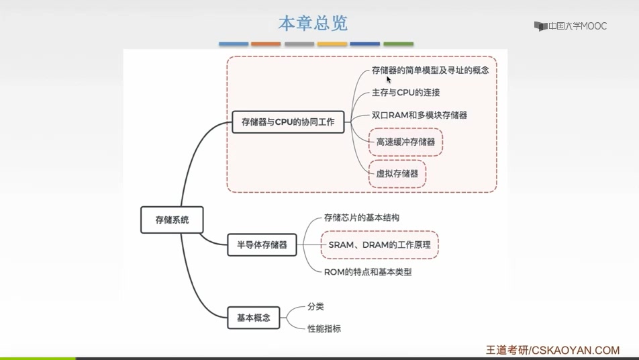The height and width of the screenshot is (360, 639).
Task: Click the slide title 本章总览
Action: click(x=313, y=24)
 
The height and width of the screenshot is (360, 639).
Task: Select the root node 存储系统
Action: click(x=172, y=220)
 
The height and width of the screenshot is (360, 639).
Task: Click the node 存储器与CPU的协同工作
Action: click(x=288, y=122)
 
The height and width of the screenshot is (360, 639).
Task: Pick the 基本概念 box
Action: click(x=254, y=318)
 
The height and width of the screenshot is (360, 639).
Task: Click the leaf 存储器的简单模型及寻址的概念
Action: click(x=430, y=70)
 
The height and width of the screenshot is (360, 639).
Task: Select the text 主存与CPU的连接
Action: click(x=405, y=93)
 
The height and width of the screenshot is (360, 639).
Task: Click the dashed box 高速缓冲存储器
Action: click(x=405, y=142)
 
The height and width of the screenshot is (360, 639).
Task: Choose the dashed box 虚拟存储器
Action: click(x=397, y=173)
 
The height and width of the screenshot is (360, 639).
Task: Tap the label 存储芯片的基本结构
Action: click(x=361, y=218)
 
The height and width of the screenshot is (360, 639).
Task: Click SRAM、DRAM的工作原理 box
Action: click(x=379, y=245)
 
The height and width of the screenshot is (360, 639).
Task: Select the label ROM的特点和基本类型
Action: click(x=367, y=272)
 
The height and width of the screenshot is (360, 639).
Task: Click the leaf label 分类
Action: click(x=315, y=306)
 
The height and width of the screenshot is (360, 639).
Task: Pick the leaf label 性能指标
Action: click(x=324, y=329)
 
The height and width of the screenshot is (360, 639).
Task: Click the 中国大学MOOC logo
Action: click(x=570, y=26)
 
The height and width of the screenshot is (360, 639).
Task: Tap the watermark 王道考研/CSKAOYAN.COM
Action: click(x=552, y=350)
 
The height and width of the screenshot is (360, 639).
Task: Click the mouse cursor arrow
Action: click(x=389, y=79)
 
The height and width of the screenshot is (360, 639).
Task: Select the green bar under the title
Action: click(x=398, y=44)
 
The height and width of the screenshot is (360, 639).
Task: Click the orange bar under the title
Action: click(x=266, y=44)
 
